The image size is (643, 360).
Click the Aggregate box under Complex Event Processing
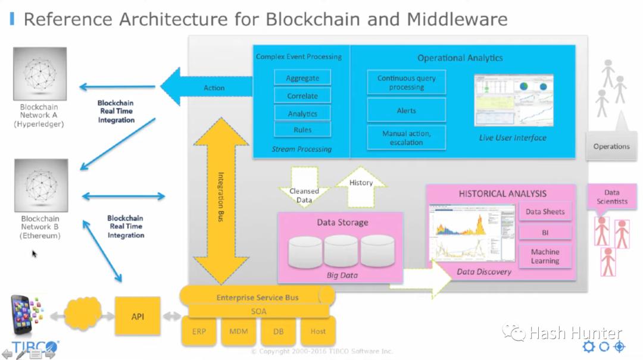coord(302,78)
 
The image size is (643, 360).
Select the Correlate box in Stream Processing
coord(302,96)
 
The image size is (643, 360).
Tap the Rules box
coord(302,129)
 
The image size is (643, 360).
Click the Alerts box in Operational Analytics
coord(406,111)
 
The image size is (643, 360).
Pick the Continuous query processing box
coord(406,83)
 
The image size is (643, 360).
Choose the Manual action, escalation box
coord(406,138)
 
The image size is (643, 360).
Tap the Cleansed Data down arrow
coord(304,189)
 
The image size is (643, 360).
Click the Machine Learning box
coord(545,256)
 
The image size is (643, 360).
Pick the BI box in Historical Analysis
coord(545,232)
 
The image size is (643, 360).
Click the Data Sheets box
coord(545,211)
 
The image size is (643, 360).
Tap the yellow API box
coord(138,317)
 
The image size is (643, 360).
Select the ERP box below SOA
coord(198,331)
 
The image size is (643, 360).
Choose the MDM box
coord(238,331)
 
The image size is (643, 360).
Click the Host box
coord(318,331)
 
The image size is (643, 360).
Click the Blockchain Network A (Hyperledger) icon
coord(39,74)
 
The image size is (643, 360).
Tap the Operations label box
coord(611,146)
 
